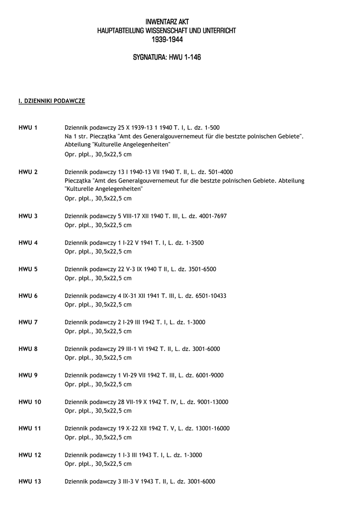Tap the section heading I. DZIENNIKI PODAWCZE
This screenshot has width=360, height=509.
[x=52, y=101]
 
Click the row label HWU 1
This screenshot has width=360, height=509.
[x=28, y=128]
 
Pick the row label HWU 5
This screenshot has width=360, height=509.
[x=28, y=269]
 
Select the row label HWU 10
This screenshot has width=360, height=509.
[x=30, y=402]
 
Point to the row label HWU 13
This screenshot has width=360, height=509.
[x=30, y=482]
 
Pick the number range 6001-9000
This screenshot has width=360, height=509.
[x=205, y=375]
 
